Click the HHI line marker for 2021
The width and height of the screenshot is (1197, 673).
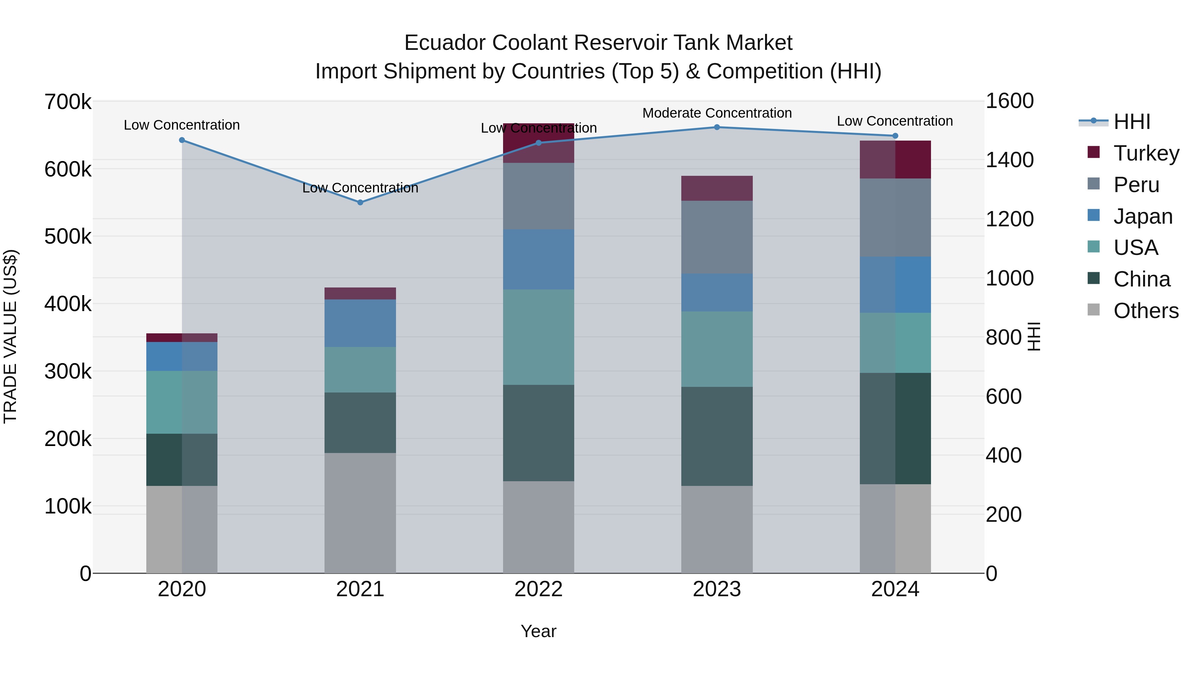coord(360,202)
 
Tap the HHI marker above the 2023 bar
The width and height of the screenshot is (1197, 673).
coord(717,127)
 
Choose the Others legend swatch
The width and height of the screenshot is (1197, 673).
coord(1094,310)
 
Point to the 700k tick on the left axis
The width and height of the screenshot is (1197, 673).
coord(68,102)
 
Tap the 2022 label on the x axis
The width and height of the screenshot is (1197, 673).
coord(539,589)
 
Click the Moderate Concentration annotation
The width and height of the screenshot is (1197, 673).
coord(717,113)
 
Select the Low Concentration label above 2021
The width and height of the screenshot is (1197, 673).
coord(360,188)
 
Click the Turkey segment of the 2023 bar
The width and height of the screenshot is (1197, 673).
coord(717,188)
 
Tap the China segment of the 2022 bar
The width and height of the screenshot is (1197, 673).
coord(539,432)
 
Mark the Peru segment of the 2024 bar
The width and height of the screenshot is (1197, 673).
coord(895,217)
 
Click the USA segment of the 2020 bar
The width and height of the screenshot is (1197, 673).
coord(182,402)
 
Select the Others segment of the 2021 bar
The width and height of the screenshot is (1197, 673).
coord(360,513)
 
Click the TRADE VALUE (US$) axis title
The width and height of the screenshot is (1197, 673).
coord(11,336)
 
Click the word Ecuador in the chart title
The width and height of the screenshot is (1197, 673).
coord(445,43)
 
